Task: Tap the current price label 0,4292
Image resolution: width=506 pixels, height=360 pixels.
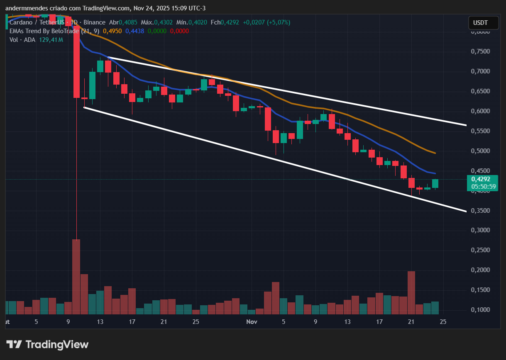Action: pos(482,179)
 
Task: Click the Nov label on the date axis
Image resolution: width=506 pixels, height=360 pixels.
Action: pos(252,322)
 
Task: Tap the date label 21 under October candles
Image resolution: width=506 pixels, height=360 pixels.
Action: pos(164,322)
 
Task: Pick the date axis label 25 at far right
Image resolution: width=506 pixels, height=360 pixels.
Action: pos(443,322)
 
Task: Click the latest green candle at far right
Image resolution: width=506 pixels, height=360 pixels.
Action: pos(435,183)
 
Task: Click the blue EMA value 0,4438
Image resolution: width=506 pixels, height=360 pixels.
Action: pos(134,31)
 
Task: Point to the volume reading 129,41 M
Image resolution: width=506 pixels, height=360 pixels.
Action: pos(51,40)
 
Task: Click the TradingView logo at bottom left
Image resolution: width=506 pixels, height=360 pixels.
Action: pos(47,344)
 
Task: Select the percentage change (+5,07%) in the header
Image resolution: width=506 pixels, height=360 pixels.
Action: pos(279,22)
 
